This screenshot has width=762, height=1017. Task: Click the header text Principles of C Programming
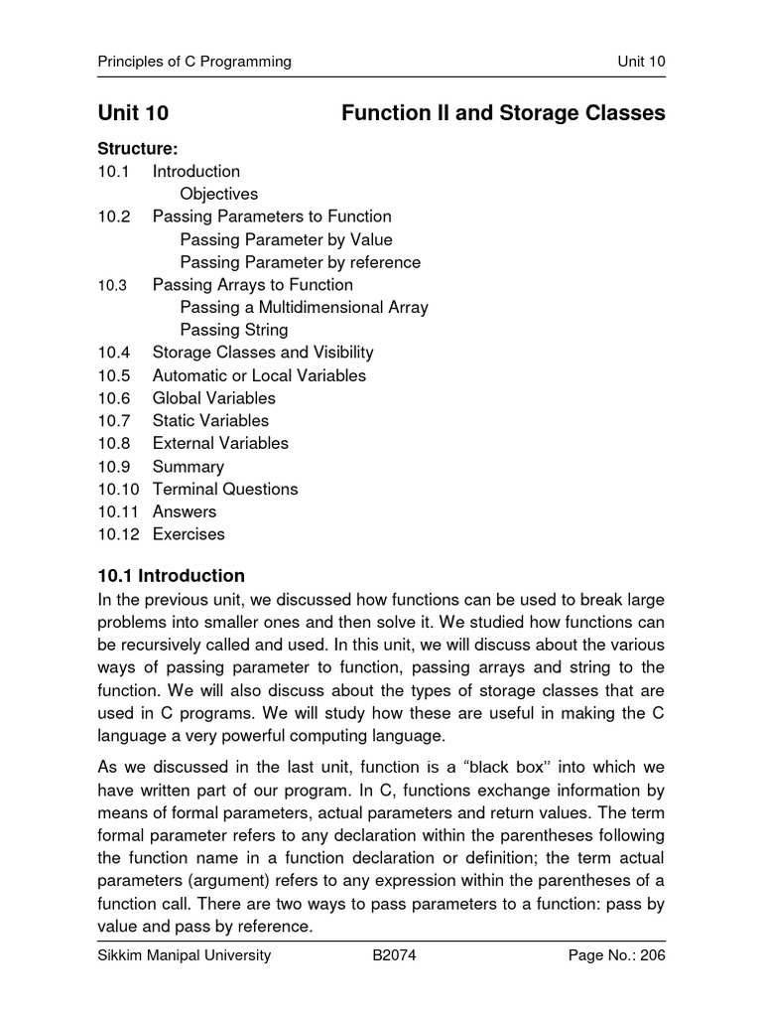(194, 62)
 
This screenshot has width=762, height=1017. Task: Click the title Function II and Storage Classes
(503, 114)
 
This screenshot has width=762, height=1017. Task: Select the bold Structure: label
(138, 149)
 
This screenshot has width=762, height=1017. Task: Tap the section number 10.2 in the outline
(114, 217)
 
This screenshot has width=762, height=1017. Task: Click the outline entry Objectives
(219, 194)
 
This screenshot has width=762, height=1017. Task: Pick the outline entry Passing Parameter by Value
(286, 239)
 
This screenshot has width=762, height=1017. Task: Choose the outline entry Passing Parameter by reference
(300, 262)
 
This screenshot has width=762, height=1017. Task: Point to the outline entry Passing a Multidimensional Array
(304, 307)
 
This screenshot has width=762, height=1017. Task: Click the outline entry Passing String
(234, 330)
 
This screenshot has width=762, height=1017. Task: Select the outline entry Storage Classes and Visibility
(263, 353)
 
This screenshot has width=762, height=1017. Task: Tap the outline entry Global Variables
(214, 398)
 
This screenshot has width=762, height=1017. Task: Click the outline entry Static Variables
(210, 420)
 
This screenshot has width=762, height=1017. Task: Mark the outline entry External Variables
(220, 443)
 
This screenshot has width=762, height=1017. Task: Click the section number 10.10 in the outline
(118, 489)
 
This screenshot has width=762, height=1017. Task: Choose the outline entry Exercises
(189, 534)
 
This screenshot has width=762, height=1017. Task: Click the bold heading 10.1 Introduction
(171, 576)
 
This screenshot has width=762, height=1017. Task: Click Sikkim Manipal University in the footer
(185, 956)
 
